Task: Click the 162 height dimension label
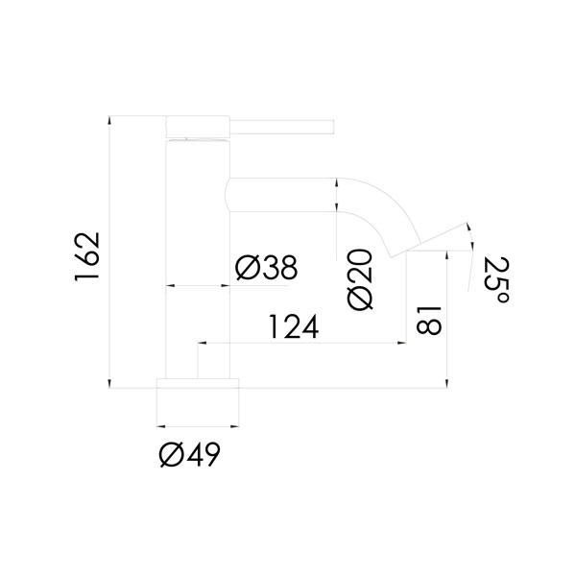[x=88, y=255]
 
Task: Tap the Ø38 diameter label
[x=265, y=267]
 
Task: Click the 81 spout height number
[x=429, y=317]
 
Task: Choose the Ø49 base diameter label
[x=190, y=454]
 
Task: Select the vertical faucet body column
[x=198, y=259]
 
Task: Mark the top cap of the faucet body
[x=198, y=127]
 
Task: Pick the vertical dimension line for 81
[x=446, y=317]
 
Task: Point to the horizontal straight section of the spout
[x=283, y=194]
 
